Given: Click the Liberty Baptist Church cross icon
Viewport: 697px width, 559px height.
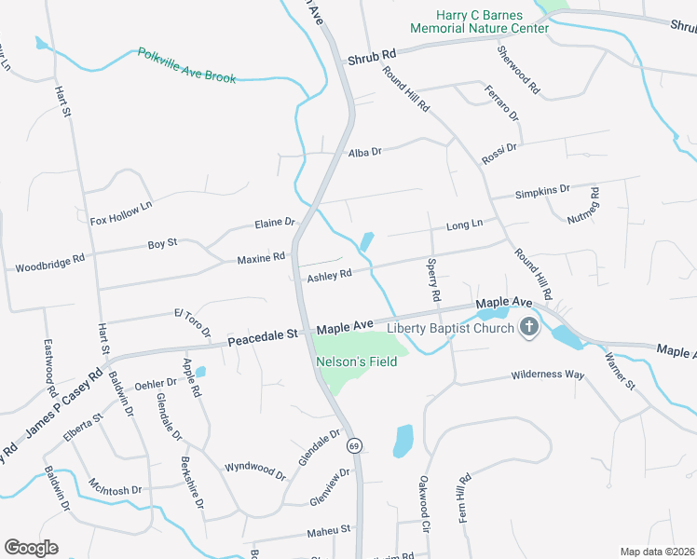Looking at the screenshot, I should point(529,327).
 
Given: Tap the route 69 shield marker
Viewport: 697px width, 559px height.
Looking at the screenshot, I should point(354,446).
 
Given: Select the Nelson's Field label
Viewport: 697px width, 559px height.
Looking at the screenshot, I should point(357,361).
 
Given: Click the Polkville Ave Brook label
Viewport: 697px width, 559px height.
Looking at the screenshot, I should point(187,66).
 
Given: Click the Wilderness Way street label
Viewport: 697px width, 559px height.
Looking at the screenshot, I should point(547,375).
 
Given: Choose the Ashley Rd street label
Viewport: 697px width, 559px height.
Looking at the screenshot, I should point(329,275).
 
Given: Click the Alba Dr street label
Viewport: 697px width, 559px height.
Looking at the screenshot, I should point(365,152).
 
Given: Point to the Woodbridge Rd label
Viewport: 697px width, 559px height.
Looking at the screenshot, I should point(50,263).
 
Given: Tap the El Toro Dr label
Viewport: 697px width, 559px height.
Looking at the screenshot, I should point(192,322).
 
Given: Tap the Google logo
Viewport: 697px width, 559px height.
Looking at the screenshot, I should point(31,547).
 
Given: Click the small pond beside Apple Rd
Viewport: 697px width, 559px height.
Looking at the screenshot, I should point(200,372).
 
